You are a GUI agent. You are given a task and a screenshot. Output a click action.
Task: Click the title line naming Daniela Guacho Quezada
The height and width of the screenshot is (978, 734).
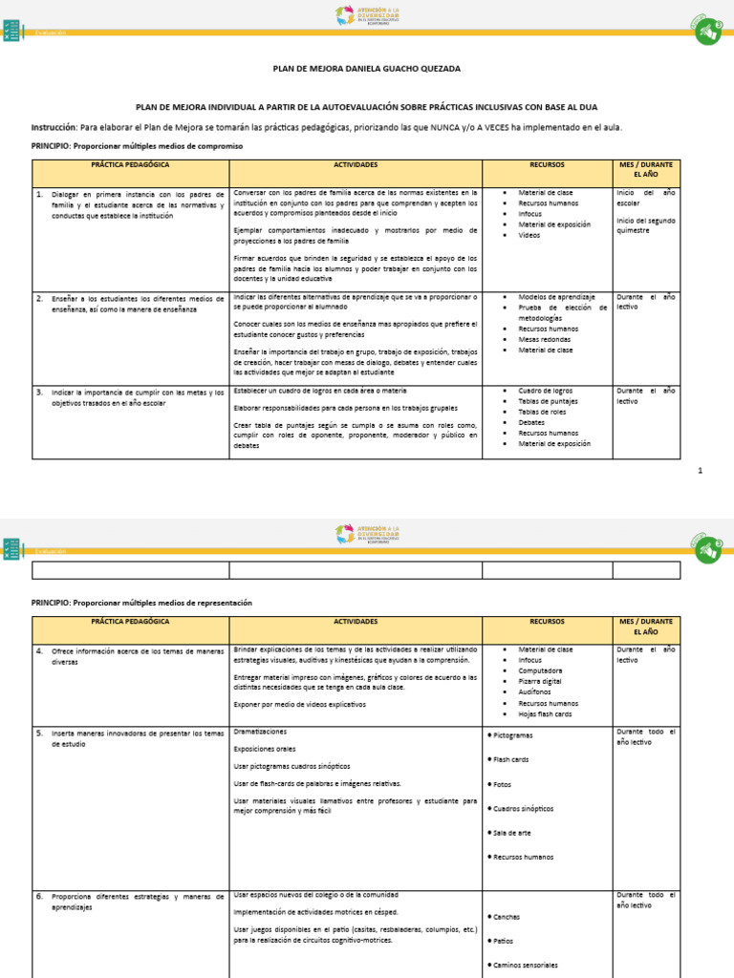(x=367, y=69)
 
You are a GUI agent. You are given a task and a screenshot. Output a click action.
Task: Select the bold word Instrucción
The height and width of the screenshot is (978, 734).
(x=53, y=126)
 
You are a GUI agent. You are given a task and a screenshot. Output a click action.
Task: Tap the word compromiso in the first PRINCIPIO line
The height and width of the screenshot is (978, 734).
(x=221, y=146)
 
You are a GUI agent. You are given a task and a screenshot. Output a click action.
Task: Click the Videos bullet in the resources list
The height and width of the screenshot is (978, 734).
(x=529, y=235)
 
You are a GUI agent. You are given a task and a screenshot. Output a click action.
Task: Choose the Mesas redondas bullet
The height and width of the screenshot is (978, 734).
(x=545, y=339)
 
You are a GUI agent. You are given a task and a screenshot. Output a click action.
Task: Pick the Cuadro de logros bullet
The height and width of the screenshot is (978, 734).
(x=546, y=391)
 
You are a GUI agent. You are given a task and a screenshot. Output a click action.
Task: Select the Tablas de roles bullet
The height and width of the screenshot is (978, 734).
(x=542, y=412)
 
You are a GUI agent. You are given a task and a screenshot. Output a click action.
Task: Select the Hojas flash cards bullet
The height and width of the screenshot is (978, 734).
(x=545, y=713)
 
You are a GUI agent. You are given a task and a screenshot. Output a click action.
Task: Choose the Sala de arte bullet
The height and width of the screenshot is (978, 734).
(x=512, y=833)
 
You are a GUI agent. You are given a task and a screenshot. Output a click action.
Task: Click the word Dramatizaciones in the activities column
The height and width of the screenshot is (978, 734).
(x=261, y=732)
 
